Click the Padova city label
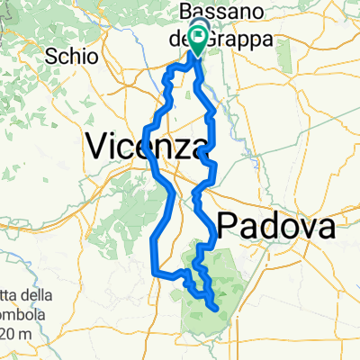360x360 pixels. [275, 226]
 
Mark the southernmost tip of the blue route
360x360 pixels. [217, 310]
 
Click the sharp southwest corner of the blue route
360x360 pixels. [154, 271]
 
